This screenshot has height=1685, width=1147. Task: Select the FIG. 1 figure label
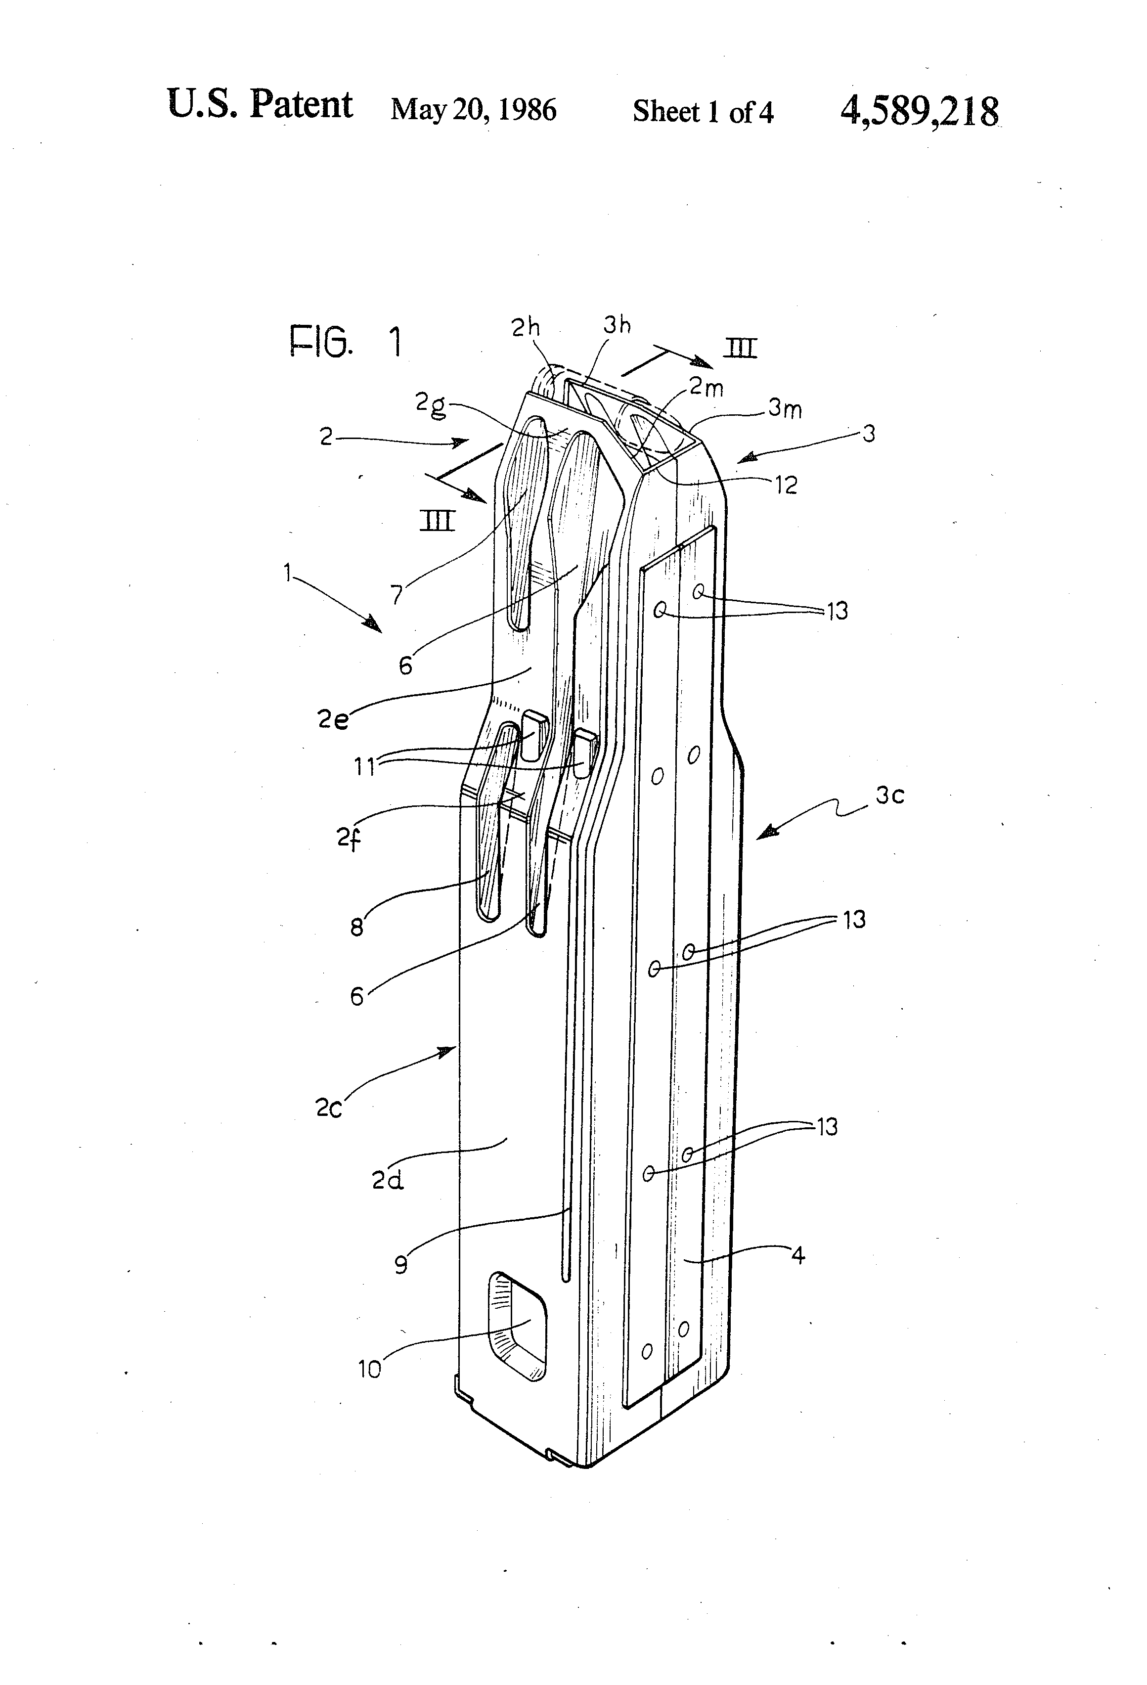345,342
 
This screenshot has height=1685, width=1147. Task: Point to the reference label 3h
617,325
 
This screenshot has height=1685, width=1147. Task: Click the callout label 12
785,485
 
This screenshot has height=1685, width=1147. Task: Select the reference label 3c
889,796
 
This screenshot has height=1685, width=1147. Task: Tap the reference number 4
798,1255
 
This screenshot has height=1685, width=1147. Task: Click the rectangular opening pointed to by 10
518,1325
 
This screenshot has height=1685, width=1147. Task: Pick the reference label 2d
387,1181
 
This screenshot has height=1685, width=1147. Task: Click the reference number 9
401,1265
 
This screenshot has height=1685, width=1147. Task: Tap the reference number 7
397,594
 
